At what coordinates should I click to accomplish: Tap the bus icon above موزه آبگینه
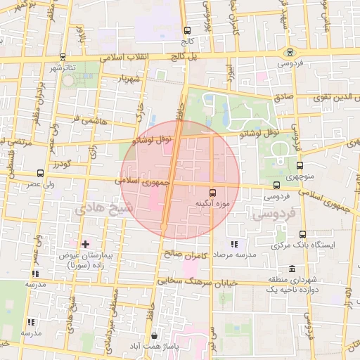tap(213, 191)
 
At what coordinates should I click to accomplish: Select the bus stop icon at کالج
tap(187, 30)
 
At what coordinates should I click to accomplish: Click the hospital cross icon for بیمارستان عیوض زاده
tap(85, 245)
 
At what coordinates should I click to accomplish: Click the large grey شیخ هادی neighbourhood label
tap(101, 206)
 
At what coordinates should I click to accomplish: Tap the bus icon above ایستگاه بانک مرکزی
tap(302, 234)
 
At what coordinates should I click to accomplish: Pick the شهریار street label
tap(131, 79)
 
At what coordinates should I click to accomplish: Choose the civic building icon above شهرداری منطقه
tap(292, 269)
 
